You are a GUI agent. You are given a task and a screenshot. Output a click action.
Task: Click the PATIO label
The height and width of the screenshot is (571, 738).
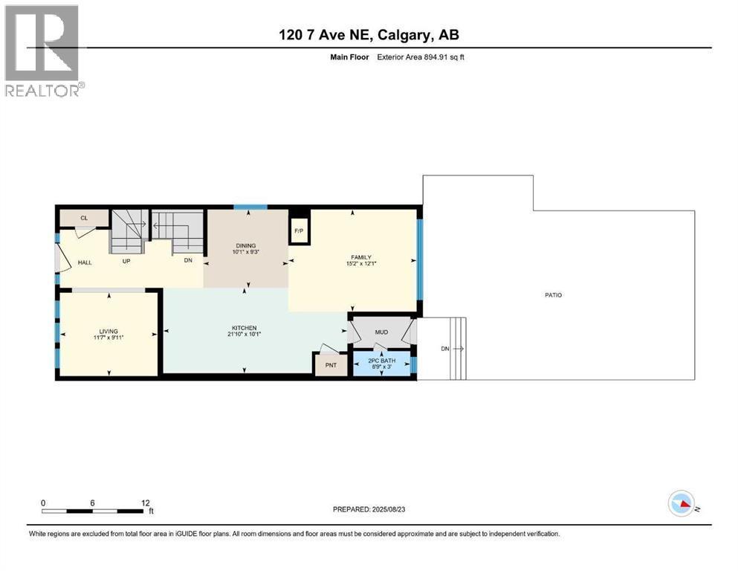(552, 295)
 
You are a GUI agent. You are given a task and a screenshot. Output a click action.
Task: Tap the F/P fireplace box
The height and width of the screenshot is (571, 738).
(298, 230)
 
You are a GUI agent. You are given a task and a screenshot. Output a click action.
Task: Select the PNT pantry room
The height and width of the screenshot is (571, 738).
(331, 365)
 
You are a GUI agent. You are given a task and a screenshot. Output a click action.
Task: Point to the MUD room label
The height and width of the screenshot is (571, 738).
(381, 332)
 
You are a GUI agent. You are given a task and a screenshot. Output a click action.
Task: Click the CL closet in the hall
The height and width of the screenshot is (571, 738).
(84, 218)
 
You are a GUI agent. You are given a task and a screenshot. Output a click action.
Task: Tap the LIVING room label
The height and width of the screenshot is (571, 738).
(109, 332)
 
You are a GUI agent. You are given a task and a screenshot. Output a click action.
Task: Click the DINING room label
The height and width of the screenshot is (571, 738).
(245, 246)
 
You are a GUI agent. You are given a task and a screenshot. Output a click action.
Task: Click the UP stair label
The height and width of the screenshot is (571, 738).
(126, 261)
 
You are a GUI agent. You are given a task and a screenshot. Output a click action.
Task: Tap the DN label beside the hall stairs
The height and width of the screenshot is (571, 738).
(189, 261)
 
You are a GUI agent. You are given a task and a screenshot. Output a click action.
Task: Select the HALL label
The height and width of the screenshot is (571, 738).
(85, 262)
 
